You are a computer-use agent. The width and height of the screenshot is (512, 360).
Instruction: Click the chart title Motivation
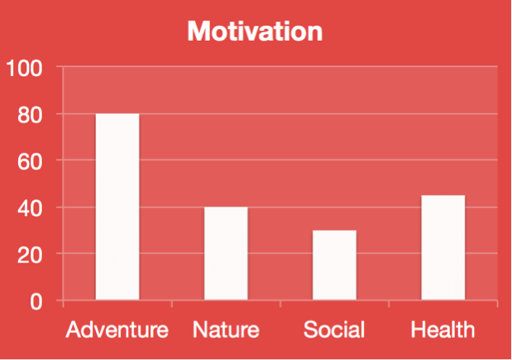[x=255, y=31]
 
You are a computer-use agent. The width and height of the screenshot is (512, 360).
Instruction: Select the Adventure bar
[x=117, y=206]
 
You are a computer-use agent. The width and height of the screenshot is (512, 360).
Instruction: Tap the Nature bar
[x=226, y=253]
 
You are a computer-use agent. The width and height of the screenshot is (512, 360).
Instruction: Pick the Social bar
[x=334, y=265]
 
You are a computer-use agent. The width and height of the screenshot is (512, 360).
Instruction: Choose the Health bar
[x=443, y=247]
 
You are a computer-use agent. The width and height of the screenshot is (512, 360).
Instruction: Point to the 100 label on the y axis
[x=25, y=68]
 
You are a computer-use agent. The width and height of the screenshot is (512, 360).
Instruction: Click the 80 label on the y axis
[x=30, y=115]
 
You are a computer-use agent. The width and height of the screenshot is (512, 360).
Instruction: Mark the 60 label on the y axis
[x=30, y=161]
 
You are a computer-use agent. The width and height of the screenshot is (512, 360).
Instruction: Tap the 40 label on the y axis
[x=30, y=209]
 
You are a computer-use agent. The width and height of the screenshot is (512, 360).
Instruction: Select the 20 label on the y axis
[x=30, y=255]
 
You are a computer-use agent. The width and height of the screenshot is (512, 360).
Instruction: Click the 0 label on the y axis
[x=36, y=301]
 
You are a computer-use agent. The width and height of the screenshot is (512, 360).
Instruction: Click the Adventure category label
[x=117, y=329]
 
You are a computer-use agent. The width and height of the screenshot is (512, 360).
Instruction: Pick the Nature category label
[x=226, y=329]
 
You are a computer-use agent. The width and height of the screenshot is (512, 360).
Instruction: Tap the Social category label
[x=334, y=329]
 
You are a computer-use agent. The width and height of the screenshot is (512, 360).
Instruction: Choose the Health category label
[x=443, y=329]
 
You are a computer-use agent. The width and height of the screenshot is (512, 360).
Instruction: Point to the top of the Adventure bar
[x=117, y=113]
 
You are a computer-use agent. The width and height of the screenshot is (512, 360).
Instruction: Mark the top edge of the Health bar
[x=443, y=195]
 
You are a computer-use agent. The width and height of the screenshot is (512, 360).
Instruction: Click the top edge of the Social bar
[x=334, y=231]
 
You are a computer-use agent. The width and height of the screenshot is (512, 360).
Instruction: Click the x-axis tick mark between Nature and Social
[x=280, y=304]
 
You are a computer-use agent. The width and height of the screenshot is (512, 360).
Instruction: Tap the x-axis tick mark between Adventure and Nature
[x=172, y=304]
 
